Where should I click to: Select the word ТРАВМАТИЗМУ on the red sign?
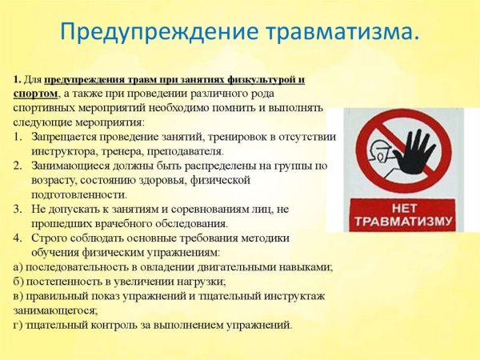coord(400,219)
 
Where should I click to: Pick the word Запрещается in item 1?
coord(67,138)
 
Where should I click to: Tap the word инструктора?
coord(65,152)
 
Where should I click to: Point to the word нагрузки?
coord(200,282)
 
